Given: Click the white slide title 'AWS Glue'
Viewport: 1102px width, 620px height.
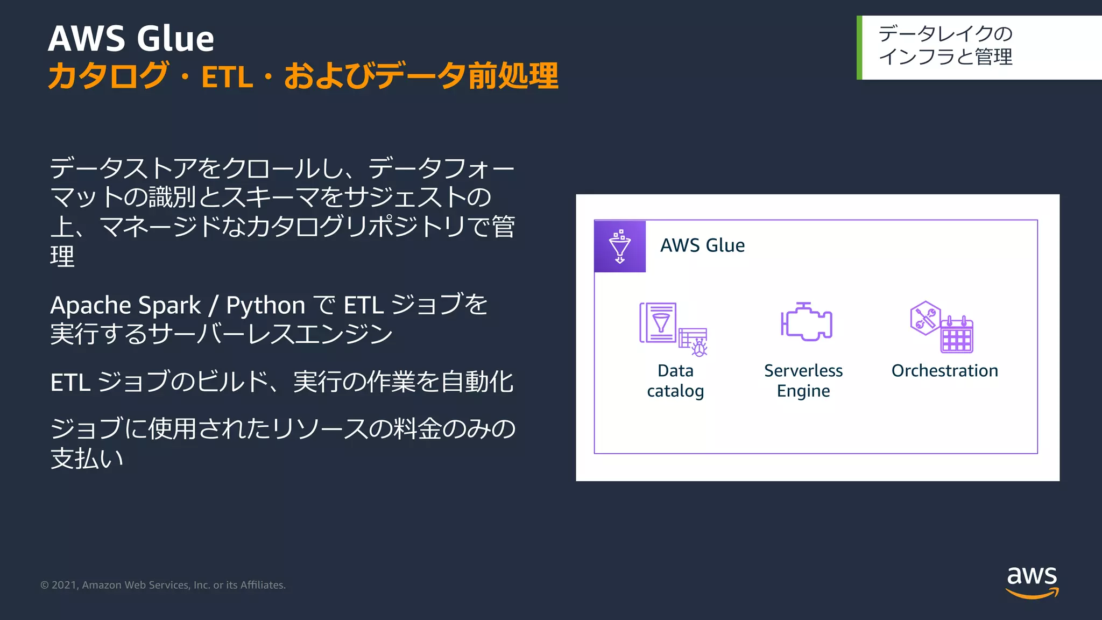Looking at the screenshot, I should pos(131,39).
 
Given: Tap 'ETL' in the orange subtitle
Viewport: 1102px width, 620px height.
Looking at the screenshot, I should pos(227,77).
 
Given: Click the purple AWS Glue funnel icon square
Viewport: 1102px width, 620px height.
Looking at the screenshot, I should pos(620,246).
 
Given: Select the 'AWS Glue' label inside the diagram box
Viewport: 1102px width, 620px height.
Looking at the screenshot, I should pos(702,245).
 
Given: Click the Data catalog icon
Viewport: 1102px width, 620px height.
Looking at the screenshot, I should pos(673,329).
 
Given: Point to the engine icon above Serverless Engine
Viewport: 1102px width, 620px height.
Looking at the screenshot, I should pos(806,322).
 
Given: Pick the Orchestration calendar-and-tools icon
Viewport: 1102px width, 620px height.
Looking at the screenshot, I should pos(942,327).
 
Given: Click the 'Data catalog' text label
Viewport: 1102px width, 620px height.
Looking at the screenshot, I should pos(675,381).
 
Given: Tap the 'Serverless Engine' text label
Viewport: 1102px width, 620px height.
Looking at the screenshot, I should pos(803,381).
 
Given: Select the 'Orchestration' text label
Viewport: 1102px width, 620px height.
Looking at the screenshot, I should pos(944,371).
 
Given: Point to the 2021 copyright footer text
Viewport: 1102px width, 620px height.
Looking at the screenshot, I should pos(163,585).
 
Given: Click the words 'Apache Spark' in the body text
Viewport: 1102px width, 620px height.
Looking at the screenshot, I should pos(125,306).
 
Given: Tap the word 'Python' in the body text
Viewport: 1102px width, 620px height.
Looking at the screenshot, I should pos(265,306).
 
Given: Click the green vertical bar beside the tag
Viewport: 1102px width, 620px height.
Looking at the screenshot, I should pos(859,48).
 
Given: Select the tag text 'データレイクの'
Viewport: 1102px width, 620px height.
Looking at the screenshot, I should pos(945,34).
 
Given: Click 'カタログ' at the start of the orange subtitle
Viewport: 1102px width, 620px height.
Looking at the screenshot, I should pos(108,76).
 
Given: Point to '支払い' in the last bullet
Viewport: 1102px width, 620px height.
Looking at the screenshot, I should pos(87,459).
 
